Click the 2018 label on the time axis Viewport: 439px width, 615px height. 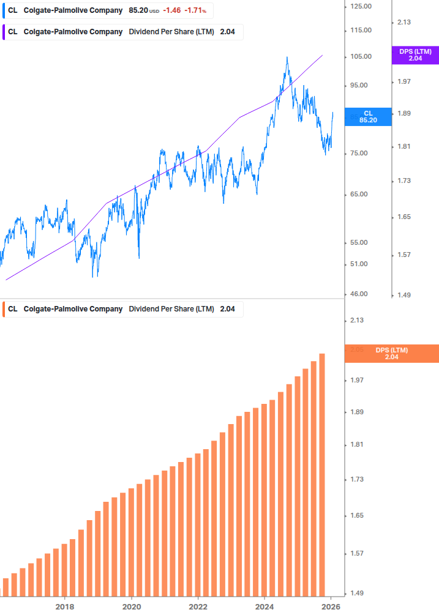65,606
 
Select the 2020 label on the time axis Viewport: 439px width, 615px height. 132,606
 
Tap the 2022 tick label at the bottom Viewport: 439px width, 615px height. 198,606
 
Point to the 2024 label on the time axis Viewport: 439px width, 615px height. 265,606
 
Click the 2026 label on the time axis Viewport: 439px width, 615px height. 331,606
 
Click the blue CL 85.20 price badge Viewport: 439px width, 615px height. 368,116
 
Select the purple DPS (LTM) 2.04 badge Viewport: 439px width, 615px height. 415,55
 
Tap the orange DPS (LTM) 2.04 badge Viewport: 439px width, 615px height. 392,353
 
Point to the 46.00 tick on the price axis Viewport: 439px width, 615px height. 360,294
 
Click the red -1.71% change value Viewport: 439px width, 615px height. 195,10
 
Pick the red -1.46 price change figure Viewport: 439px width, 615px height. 171,10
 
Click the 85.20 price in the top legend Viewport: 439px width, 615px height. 138,10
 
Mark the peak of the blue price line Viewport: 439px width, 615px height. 287,58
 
